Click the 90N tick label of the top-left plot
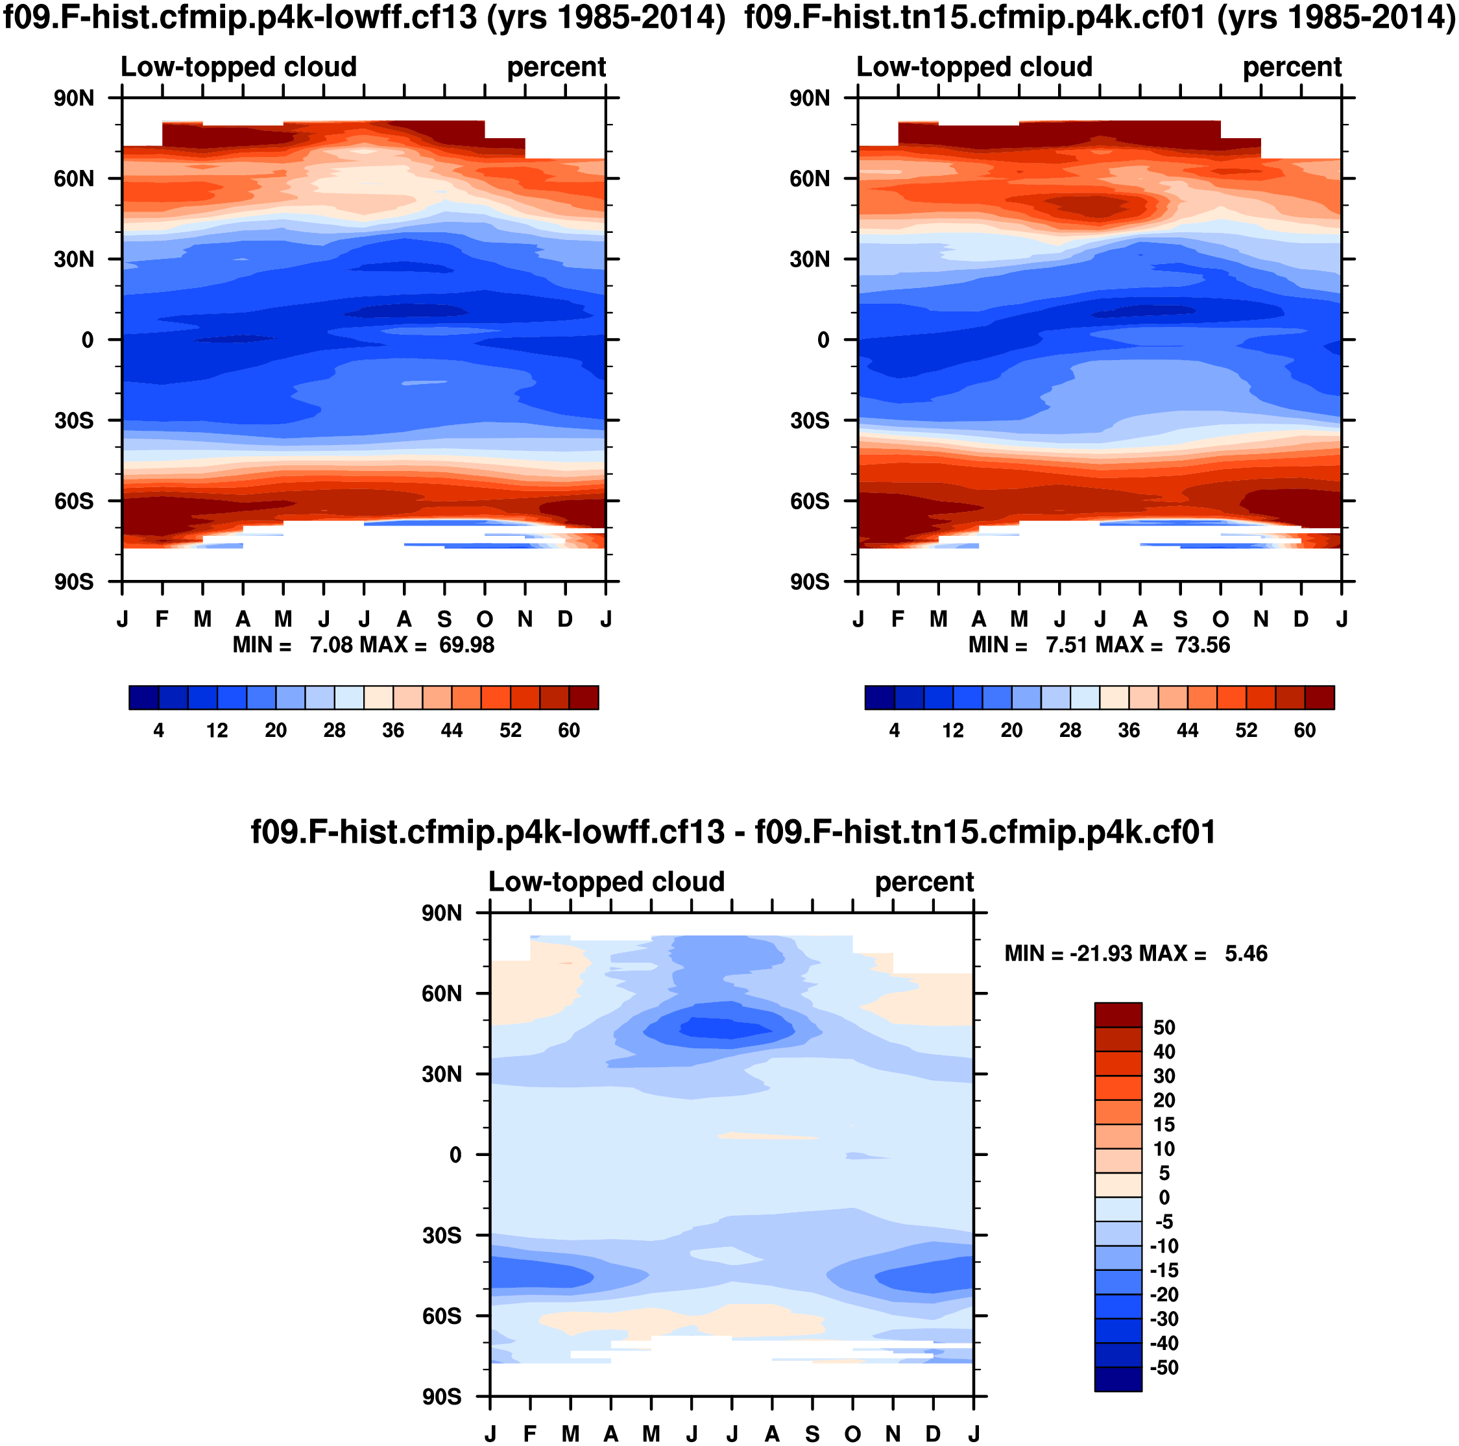(74, 98)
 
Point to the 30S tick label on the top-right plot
(810, 420)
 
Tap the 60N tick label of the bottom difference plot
(442, 993)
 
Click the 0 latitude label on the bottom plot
(455, 1155)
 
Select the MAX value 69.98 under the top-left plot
(466, 645)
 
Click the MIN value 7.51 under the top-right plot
(1067, 645)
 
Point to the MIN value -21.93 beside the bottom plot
(1097, 954)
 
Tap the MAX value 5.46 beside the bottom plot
(1246, 954)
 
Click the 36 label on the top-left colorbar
(392, 730)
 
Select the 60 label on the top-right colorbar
(1305, 730)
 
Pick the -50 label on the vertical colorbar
(1164, 1367)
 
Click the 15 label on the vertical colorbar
(1164, 1124)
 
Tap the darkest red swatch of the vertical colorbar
(1118, 1015)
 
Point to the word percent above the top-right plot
(1292, 67)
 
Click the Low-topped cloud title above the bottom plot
(607, 882)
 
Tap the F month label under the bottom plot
(530, 1433)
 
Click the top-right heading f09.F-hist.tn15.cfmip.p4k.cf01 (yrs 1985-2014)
(1100, 17)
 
